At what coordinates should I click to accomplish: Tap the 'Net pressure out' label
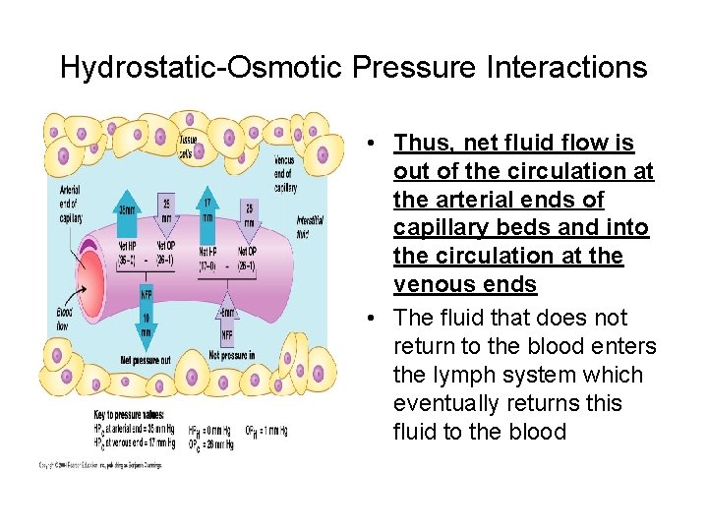(146, 361)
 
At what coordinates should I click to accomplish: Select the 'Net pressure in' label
(232, 354)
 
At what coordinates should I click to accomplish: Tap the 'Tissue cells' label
(187, 146)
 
